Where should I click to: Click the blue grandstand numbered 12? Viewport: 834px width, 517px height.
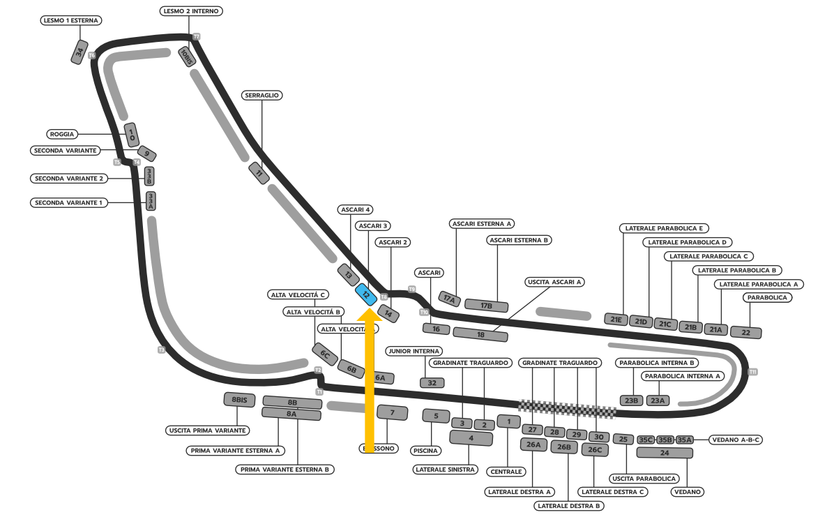(365, 294)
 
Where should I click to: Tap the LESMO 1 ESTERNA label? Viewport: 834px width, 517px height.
(71, 20)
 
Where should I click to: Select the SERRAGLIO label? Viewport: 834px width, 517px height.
(262, 95)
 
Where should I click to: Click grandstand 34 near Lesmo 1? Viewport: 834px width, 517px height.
(80, 52)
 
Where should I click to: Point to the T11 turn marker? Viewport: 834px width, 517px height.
(752, 372)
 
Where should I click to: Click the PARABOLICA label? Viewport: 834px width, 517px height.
(767, 297)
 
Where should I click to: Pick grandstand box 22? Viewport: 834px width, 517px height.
(746, 332)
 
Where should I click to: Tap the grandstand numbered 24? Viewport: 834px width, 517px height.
(665, 453)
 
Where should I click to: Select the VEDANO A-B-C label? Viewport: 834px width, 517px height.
(736, 440)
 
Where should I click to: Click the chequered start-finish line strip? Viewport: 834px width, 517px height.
(566, 409)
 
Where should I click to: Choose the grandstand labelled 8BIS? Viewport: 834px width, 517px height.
(239, 400)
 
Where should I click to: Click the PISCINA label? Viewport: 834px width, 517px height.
(427, 451)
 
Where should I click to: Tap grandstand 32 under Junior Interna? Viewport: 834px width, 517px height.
(432, 382)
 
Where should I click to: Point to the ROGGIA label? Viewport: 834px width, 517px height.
(62, 134)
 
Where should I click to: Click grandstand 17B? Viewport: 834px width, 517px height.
(486, 306)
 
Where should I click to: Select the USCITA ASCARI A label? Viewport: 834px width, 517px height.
(554, 282)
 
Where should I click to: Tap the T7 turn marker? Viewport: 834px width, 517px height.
(197, 36)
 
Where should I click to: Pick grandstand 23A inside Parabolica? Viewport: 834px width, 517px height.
(658, 400)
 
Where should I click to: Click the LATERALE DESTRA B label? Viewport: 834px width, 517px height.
(569, 505)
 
